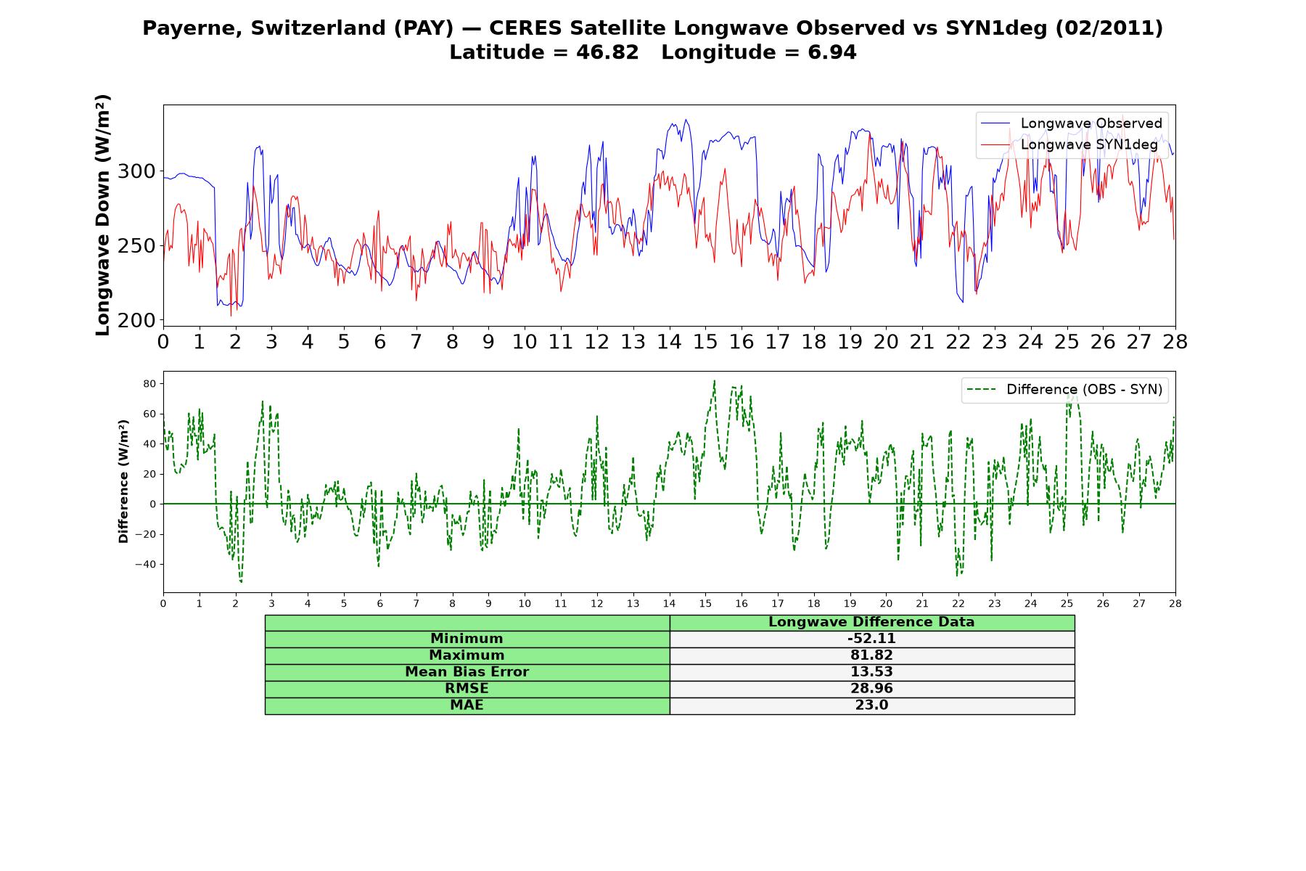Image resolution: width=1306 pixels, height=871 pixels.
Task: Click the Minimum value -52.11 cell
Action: pos(871,639)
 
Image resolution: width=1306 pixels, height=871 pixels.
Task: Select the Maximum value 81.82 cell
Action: pos(871,655)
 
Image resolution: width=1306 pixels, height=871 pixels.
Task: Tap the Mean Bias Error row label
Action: pos(467,672)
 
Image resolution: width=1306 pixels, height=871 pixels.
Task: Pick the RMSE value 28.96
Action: pos(871,689)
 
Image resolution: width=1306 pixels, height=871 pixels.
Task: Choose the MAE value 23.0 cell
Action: pos(871,706)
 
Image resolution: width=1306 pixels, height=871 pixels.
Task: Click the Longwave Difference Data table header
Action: pos(871,622)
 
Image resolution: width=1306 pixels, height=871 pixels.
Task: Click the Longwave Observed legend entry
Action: pos(1072,123)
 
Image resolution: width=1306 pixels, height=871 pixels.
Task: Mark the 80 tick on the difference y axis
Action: pos(149,383)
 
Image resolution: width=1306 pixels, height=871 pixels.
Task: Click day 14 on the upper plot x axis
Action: pos(669,342)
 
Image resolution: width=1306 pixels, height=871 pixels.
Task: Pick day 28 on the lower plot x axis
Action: pos(1175,603)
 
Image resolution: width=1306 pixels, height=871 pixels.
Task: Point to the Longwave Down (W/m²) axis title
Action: pos(103,215)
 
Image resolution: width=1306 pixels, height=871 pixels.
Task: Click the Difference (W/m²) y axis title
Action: pos(123,481)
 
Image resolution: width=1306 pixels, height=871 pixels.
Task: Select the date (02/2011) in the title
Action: pos(1109,28)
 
